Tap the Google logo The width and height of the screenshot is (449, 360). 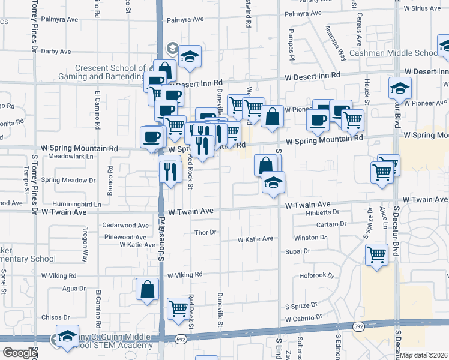(x=19, y=353)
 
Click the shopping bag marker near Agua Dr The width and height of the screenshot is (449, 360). (x=147, y=289)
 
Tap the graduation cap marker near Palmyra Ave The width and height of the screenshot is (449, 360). (x=190, y=57)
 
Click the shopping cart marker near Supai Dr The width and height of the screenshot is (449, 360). (x=376, y=254)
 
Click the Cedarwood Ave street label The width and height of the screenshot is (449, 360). (x=125, y=226)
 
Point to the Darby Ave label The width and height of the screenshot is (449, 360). (x=56, y=52)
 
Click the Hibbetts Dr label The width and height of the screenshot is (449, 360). (x=322, y=212)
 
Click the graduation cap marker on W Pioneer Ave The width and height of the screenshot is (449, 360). (x=399, y=88)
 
